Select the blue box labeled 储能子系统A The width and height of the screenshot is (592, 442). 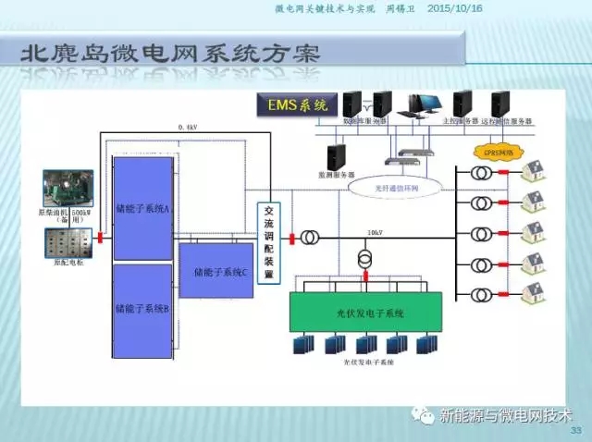tap(142, 208)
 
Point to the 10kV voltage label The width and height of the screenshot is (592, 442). tap(374, 232)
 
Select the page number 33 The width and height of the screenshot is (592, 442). tap(575, 431)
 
